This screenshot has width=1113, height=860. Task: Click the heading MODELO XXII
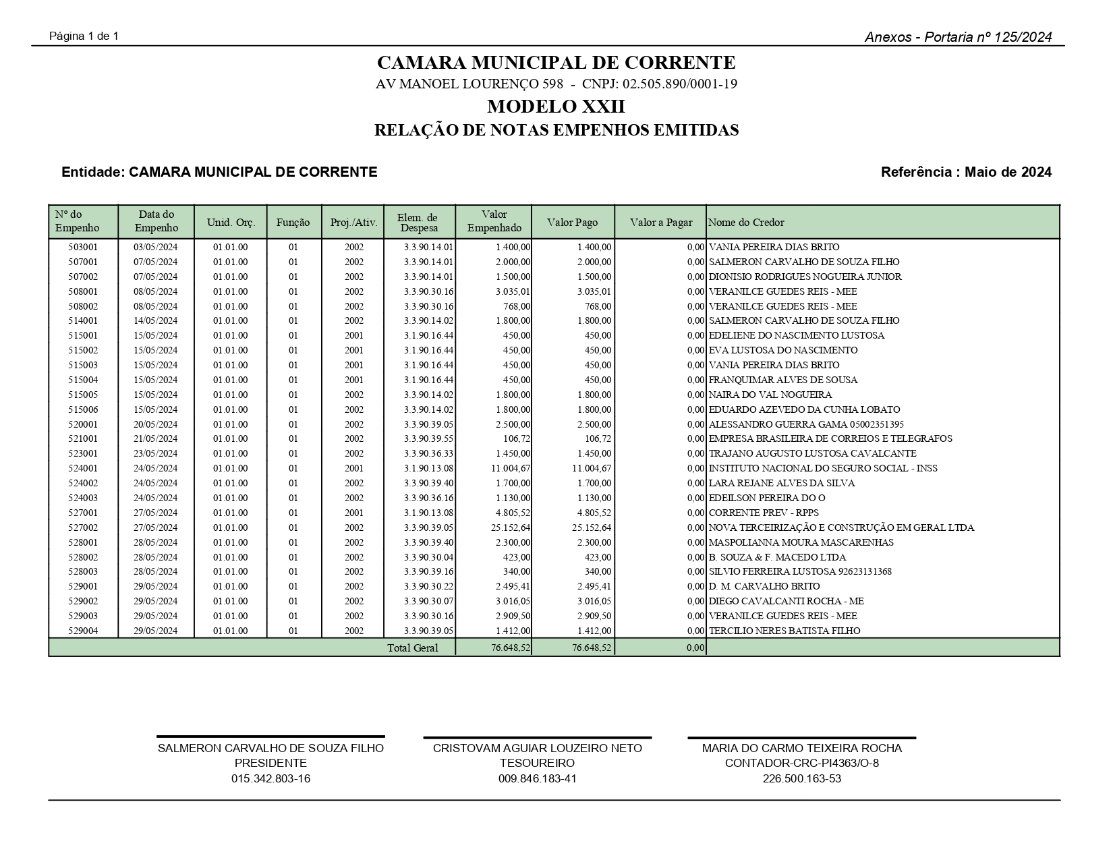click(x=556, y=107)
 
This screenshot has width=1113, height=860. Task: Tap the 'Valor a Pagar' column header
click(x=660, y=223)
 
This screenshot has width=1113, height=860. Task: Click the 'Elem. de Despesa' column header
click(x=418, y=223)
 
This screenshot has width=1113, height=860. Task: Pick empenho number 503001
click(x=83, y=248)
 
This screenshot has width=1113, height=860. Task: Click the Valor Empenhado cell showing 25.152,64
click(x=511, y=528)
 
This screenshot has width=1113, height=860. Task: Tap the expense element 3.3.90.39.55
click(x=428, y=439)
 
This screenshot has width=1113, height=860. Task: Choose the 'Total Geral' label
click(x=412, y=648)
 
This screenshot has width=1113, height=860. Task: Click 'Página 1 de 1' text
click(x=84, y=36)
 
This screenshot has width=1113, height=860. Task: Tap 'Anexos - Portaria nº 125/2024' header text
click(x=958, y=38)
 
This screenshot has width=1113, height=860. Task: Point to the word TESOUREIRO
click(x=537, y=764)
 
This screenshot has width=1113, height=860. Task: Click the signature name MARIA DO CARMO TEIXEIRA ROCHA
click(x=801, y=748)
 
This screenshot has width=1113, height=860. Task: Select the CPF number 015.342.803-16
click(x=270, y=779)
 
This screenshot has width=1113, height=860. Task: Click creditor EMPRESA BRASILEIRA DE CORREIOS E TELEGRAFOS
click(x=830, y=439)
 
